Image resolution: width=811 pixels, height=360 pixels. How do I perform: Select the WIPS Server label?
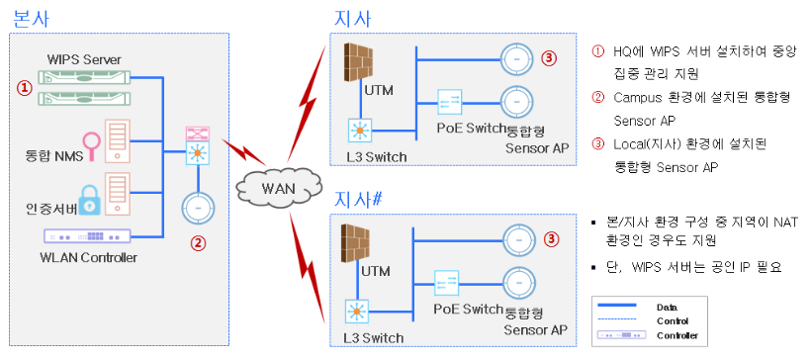84,58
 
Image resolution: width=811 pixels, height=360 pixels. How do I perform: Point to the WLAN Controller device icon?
87,235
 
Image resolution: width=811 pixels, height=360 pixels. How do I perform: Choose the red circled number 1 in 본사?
25,87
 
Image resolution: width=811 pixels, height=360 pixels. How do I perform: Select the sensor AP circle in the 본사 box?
198,209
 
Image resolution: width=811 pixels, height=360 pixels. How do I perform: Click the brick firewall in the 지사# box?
357,243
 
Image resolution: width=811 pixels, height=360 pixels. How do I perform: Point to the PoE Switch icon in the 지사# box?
446,283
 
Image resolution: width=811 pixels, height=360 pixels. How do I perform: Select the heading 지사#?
359,200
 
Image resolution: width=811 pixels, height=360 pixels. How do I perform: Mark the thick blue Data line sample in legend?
617,306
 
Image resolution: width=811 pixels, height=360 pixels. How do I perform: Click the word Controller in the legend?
677,335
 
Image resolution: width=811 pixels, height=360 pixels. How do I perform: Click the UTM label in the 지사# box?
376,271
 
